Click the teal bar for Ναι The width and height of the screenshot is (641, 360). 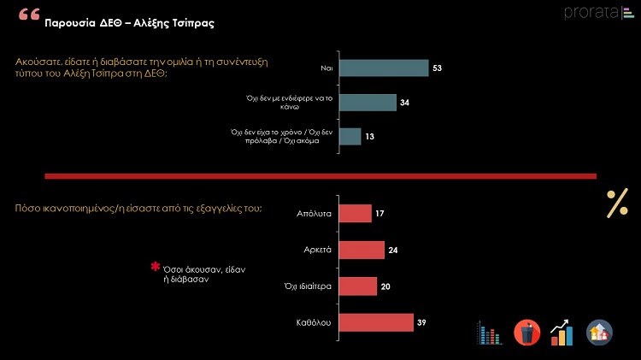click(x=383, y=68)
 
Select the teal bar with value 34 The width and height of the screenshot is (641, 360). click(x=368, y=103)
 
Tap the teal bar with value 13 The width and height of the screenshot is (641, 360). click(x=350, y=137)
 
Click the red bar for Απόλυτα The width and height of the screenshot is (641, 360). click(x=356, y=214)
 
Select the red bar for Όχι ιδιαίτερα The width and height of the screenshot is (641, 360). click(x=358, y=286)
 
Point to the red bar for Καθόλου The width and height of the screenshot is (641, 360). click(x=377, y=322)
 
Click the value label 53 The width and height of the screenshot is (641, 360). click(x=438, y=68)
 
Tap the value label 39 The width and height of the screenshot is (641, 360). click(x=422, y=322)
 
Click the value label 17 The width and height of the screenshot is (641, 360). click(x=379, y=214)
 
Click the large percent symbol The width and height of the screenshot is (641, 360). click(x=616, y=204)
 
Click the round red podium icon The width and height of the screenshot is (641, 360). click(x=526, y=333)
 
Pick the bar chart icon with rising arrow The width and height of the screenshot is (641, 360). click(x=562, y=333)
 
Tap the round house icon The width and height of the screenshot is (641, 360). click(x=599, y=333)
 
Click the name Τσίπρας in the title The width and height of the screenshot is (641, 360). click(x=188, y=23)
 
